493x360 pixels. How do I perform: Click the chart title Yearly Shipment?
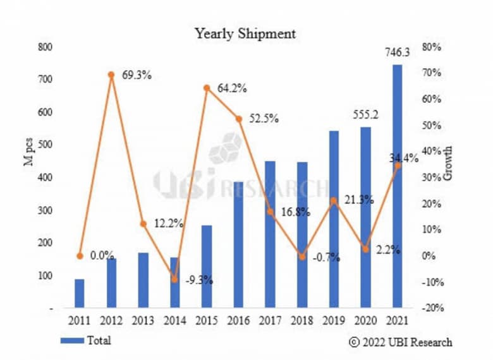pyautogui.click(x=245, y=33)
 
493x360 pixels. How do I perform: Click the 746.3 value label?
pyautogui.click(x=397, y=53)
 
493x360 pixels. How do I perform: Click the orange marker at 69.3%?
pyautogui.click(x=111, y=75)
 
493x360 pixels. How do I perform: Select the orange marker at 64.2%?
pyautogui.click(x=207, y=88)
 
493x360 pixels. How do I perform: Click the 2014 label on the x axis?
pyautogui.click(x=174, y=320)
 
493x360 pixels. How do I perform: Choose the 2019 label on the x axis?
pyautogui.click(x=334, y=320)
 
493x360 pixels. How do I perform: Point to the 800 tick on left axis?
pyautogui.click(x=45, y=47)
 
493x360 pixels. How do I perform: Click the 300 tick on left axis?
pyautogui.click(x=45, y=210)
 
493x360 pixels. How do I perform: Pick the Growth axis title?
pyautogui.click(x=448, y=163)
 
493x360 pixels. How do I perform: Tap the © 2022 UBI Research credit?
pyautogui.click(x=401, y=342)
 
